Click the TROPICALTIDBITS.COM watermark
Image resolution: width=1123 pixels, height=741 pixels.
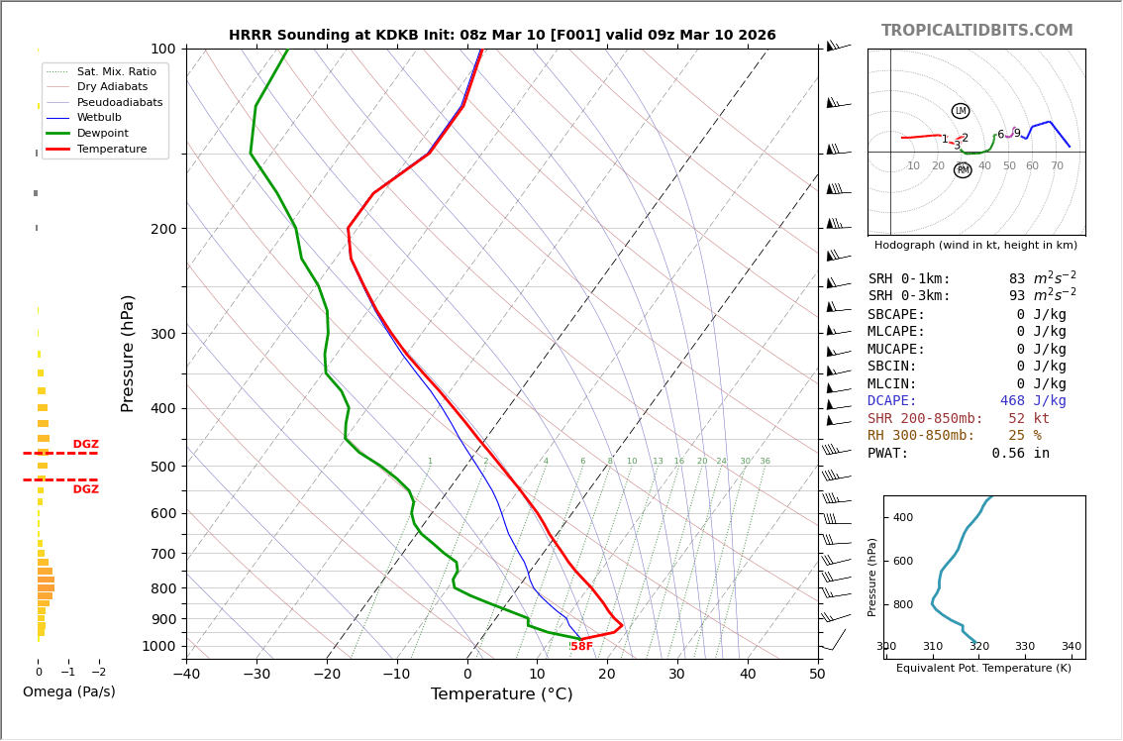[976, 31]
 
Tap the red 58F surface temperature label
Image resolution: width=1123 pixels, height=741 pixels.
[581, 647]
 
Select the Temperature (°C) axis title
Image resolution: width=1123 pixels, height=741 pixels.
[501, 694]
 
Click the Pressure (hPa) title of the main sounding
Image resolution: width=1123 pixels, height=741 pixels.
[128, 353]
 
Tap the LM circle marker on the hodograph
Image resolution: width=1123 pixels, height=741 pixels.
[961, 111]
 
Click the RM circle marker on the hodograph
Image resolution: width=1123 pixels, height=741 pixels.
[963, 170]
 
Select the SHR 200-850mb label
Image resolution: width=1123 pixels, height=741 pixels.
[925, 419]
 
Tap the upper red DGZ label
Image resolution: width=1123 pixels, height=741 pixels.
[85, 445]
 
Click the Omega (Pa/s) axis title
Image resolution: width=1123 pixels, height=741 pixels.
[68, 692]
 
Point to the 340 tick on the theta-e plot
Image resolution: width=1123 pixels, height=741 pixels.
[1071, 647]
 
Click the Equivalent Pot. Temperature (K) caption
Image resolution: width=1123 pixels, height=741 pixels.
[983, 669]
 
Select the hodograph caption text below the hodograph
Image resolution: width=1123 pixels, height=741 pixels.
[975, 245]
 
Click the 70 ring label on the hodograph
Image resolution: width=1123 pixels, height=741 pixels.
[1057, 166]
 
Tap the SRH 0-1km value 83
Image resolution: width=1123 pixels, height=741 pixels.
[1017, 279]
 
